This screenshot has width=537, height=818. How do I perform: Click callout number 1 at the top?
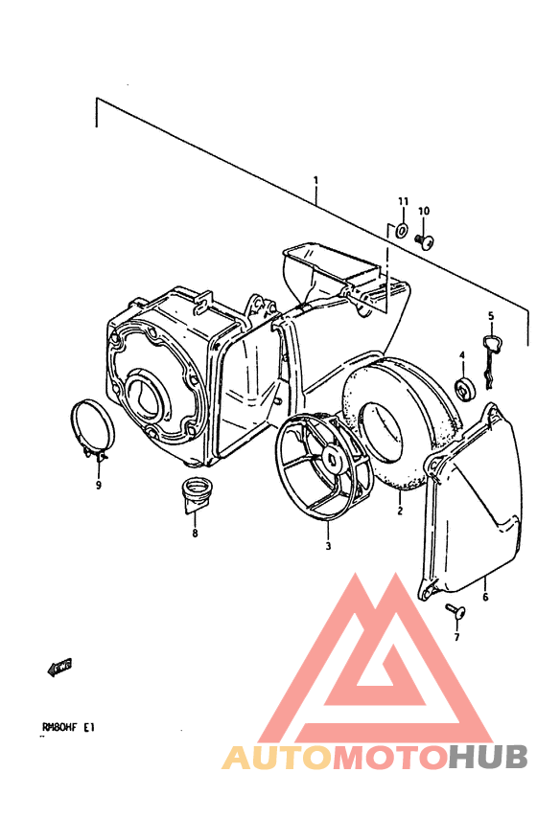tap(315, 180)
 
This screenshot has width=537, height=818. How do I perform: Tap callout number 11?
tap(403, 201)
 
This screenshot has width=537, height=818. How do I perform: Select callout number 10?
tap(424, 211)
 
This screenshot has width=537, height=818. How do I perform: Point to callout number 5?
tap(491, 316)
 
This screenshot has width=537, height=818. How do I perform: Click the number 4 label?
tap(462, 355)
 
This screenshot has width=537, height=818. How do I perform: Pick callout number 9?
tap(98, 486)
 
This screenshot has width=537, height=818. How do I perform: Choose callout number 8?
tap(195, 534)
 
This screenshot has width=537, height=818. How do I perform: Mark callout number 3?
tap(328, 546)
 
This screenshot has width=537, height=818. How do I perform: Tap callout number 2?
tap(400, 511)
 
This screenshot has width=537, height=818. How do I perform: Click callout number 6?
tap(485, 597)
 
